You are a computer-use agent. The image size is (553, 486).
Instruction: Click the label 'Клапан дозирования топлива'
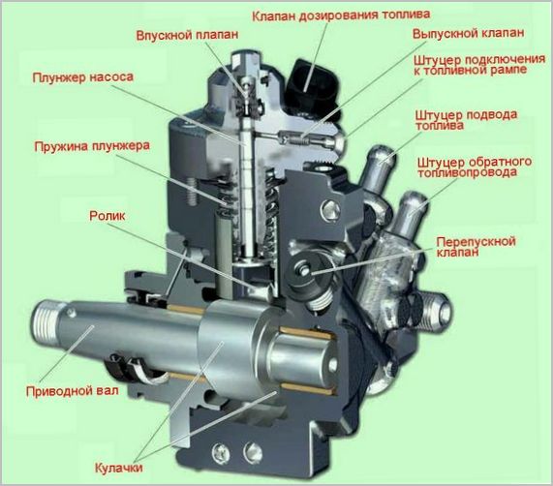pyautogui.click(x=341, y=15)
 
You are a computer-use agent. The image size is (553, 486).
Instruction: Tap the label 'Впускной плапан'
pyautogui.click(x=187, y=35)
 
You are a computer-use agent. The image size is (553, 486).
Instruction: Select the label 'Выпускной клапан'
pyautogui.click(x=469, y=34)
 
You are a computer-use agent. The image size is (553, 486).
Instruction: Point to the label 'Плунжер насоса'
pyautogui.click(x=83, y=77)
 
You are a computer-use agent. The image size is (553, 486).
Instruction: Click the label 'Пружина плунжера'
pyautogui.click(x=92, y=146)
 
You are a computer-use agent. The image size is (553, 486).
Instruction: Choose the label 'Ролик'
pyautogui.click(x=108, y=216)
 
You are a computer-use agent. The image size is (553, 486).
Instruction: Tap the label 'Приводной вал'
pyautogui.click(x=73, y=391)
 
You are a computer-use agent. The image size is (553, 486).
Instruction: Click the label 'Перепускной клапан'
pyautogui.click(x=476, y=247)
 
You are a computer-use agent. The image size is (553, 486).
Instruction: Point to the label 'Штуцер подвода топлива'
pyautogui.click(x=466, y=120)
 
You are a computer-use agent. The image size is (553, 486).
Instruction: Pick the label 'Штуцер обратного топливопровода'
pyautogui.click(x=475, y=167)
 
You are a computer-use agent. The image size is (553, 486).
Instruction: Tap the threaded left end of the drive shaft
pyautogui.click(x=45, y=322)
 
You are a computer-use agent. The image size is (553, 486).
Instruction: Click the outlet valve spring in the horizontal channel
pyautogui.click(x=299, y=140)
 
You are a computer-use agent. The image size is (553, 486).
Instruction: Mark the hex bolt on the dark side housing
pyautogui.click(x=330, y=210)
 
